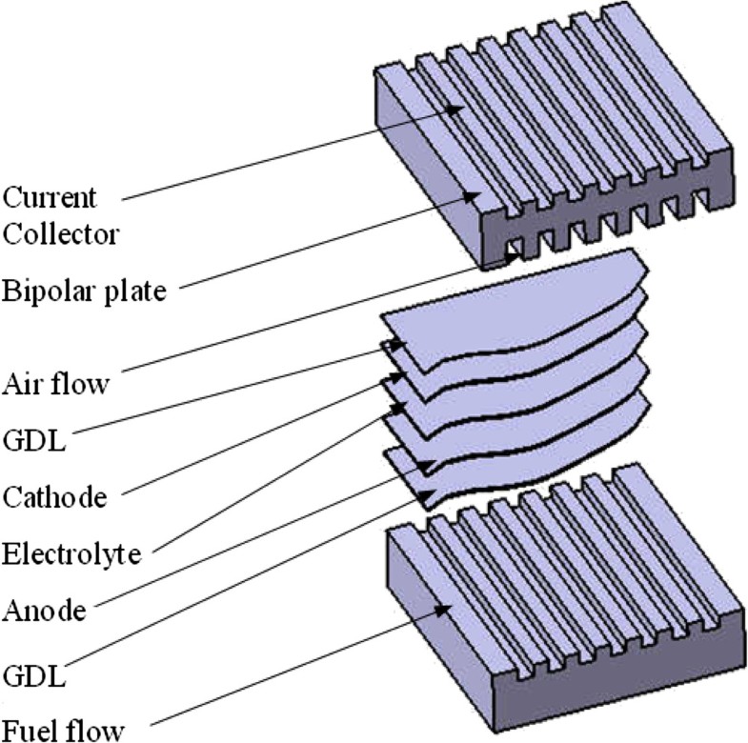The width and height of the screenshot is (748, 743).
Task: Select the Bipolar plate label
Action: tap(83, 290)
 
